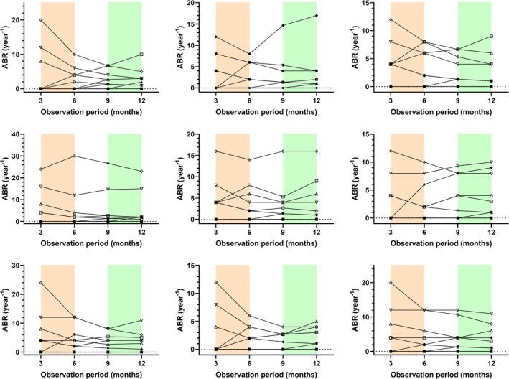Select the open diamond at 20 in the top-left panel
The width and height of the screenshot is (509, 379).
[x=41, y=20]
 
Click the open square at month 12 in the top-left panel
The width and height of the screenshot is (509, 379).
[x=141, y=55]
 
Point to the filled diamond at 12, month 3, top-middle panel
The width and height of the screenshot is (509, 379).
[x=215, y=37]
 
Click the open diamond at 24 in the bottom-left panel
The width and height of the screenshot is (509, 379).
[x=41, y=283]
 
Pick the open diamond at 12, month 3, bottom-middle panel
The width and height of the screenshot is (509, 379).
[x=215, y=282]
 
